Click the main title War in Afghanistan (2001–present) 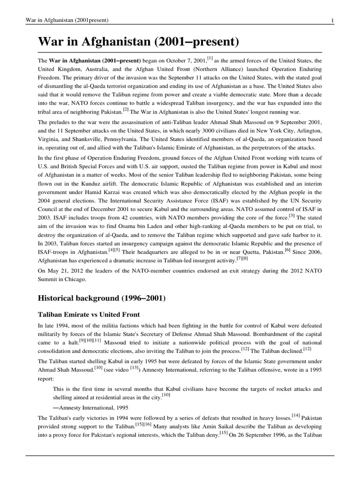(x=139, y=43)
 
